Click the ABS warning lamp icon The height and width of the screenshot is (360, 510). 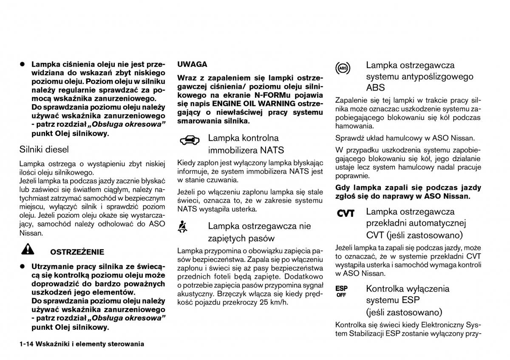point(343,68)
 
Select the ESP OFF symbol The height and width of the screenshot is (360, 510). point(341,291)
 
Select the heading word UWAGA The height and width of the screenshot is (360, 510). point(192,65)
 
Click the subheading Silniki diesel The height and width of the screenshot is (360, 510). point(44,149)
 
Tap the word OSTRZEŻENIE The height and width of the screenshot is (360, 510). point(77,252)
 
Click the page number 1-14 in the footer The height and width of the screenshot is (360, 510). point(28,344)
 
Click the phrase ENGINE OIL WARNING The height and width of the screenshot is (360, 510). point(260,104)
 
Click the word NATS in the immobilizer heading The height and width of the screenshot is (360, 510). point(272,150)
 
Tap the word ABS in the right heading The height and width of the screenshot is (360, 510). point(375,88)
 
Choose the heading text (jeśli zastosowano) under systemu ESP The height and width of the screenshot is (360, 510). point(404,312)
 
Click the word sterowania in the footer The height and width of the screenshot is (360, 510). point(125,344)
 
